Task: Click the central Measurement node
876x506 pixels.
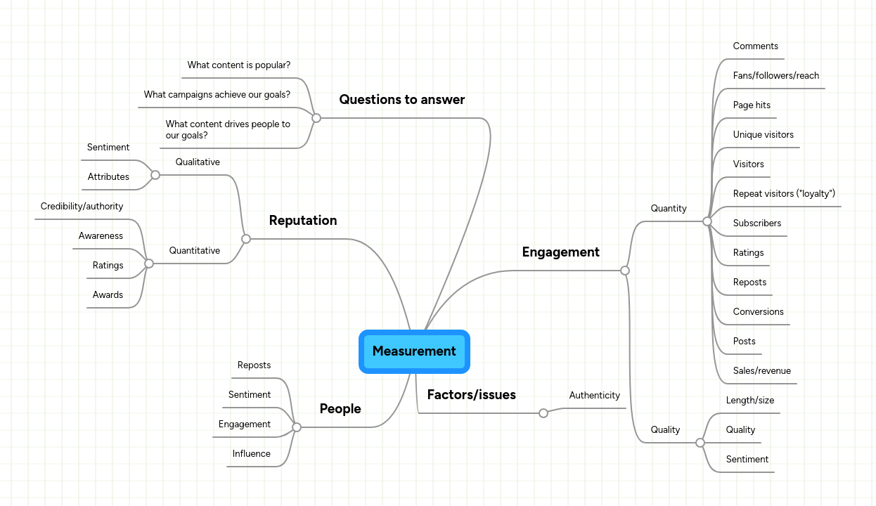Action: click(x=414, y=351)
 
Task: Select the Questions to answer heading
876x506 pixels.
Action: click(x=401, y=100)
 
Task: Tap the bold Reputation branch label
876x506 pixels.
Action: click(x=302, y=221)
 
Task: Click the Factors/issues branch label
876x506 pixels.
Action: click(x=471, y=395)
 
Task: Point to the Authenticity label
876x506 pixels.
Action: click(x=594, y=396)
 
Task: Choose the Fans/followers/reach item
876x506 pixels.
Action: click(x=775, y=76)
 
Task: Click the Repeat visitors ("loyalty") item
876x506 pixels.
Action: click(x=783, y=194)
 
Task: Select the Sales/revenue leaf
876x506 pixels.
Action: click(x=761, y=371)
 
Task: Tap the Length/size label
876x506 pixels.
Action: click(x=749, y=401)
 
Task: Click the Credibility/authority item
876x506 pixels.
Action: click(x=82, y=207)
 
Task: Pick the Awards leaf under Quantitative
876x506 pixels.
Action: click(x=108, y=295)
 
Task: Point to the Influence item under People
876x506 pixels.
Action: click(x=251, y=454)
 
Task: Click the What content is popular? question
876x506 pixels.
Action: click(x=238, y=65)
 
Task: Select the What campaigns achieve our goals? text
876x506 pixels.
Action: click(x=217, y=95)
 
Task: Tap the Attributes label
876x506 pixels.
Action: click(x=108, y=177)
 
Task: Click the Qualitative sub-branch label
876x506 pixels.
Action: click(x=198, y=162)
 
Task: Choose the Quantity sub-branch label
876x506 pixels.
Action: click(x=668, y=209)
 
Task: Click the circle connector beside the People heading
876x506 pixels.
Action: click(x=297, y=427)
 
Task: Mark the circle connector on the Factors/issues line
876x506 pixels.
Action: click(x=543, y=413)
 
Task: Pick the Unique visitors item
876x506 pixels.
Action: click(x=763, y=135)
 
